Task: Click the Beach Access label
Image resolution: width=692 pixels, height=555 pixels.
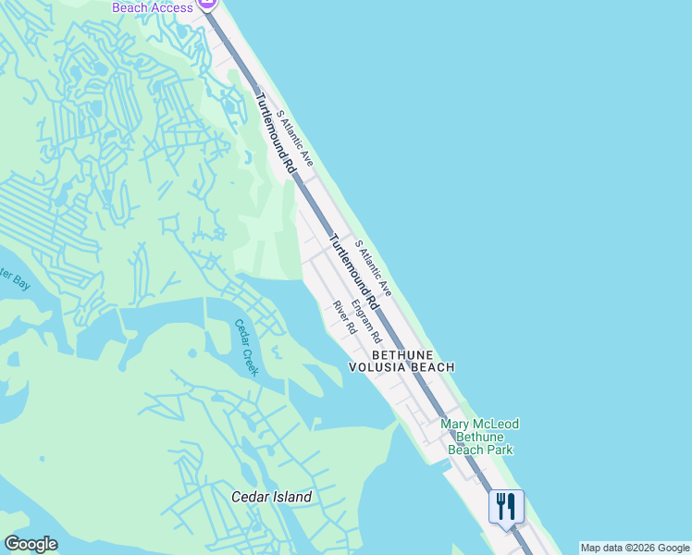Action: click(153, 7)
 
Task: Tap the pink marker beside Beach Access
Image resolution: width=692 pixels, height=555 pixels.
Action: click(207, 5)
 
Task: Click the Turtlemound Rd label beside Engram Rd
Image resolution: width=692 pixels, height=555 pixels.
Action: click(354, 270)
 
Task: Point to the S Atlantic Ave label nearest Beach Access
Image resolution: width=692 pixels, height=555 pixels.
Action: click(297, 140)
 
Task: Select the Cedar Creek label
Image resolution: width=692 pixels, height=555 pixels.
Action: click(246, 348)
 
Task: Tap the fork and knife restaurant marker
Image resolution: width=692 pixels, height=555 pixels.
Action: click(506, 506)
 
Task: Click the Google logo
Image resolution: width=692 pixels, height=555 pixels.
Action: click(31, 544)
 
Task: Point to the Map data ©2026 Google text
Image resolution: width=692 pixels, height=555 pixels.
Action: click(635, 548)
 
